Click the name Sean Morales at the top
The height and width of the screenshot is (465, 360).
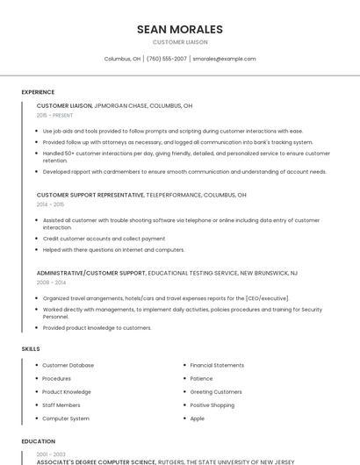click(180, 29)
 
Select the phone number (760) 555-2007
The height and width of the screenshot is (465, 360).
click(167, 59)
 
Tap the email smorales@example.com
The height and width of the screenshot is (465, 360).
click(224, 59)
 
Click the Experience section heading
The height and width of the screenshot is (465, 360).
click(38, 92)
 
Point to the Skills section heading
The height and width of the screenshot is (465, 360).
click(31, 349)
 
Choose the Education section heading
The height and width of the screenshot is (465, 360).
click(38, 441)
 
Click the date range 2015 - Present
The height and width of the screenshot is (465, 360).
click(54, 115)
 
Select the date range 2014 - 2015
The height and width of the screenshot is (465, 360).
click(50, 204)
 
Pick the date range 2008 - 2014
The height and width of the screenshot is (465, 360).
click(50, 283)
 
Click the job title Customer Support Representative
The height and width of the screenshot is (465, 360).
click(90, 195)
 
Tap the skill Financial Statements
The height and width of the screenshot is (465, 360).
click(217, 365)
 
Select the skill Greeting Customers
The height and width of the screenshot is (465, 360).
click(215, 392)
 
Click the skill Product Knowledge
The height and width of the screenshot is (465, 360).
click(67, 392)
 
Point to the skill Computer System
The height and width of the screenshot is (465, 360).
click(66, 418)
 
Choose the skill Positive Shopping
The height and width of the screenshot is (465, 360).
click(212, 405)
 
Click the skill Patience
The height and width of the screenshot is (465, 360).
click(201, 378)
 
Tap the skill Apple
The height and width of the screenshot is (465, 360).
click(197, 418)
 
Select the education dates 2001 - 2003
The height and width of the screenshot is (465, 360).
click(50, 454)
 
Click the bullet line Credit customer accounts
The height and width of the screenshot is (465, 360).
click(104, 239)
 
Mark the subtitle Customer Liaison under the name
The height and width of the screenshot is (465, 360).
click(180, 42)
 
